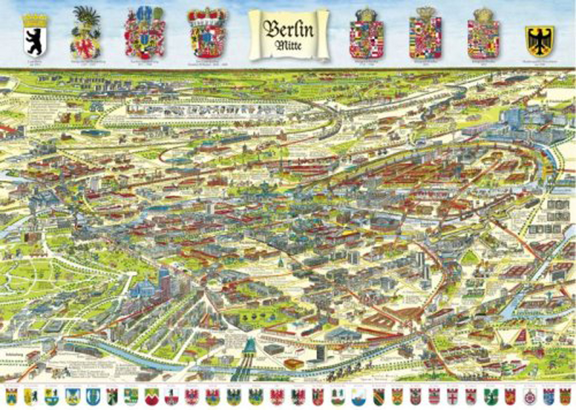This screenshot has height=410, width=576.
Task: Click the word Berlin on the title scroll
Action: pyautogui.click(x=289, y=29)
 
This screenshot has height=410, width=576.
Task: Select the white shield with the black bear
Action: pyautogui.click(x=35, y=35)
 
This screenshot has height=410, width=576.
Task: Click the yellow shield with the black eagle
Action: pyautogui.click(x=539, y=40)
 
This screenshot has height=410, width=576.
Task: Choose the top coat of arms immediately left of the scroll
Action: pyautogui.click(x=206, y=34)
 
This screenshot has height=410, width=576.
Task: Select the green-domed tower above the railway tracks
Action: pyautogui.click(x=248, y=348)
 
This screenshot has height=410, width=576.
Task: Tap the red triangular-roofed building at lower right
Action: pyautogui.click(x=520, y=336)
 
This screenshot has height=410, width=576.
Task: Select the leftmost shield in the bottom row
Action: pyautogui.click(x=11, y=397)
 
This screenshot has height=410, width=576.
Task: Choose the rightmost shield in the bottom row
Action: pyautogui.click(x=564, y=397)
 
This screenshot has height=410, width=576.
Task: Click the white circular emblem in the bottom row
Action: pyautogui.click(x=529, y=397)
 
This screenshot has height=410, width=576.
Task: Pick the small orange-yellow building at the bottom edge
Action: pyautogui.click(x=293, y=364)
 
